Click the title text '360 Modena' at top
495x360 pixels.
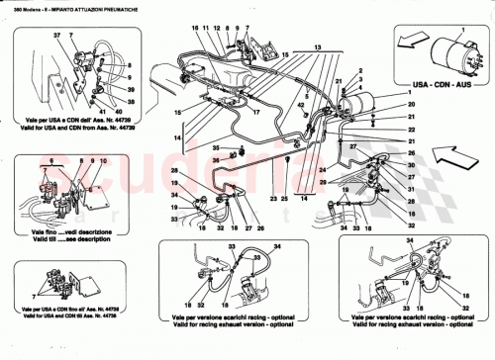tap(21, 9)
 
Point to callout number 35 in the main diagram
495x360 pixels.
tap(213, 147)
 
